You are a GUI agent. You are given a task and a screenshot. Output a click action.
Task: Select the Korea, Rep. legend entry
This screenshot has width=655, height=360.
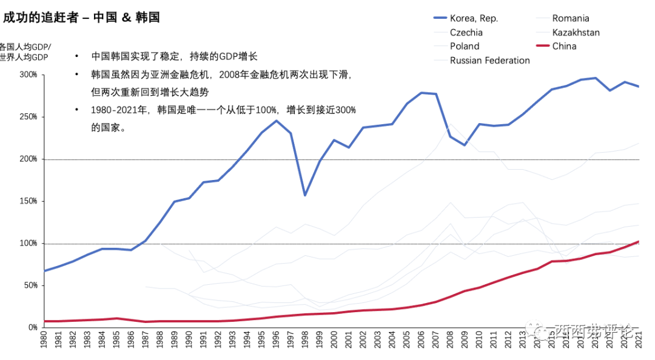[474, 18]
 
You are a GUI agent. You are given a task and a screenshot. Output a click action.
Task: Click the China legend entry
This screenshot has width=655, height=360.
[564, 46]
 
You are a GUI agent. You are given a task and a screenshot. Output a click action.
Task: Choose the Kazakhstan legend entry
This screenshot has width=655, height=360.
[576, 32]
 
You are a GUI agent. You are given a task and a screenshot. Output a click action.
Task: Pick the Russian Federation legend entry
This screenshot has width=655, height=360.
[489, 60]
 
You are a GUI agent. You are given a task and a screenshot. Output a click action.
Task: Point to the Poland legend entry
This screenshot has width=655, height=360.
[464, 46]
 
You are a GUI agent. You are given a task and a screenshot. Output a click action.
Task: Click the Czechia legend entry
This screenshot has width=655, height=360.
[466, 32]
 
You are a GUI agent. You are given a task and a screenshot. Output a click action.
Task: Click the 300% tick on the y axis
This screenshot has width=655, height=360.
[29, 75]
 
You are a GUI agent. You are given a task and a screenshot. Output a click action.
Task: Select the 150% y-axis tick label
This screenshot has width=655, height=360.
[29, 201]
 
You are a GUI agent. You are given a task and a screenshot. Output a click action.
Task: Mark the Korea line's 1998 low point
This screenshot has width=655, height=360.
[305, 195]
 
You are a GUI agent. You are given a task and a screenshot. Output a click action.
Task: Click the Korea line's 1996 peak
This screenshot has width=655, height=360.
[276, 121]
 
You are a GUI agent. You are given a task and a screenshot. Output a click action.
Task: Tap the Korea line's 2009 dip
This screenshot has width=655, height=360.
[465, 145]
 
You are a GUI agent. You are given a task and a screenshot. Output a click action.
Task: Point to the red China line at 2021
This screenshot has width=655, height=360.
[638, 241]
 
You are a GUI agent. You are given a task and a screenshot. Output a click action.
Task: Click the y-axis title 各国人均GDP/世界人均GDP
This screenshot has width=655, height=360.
[25, 52]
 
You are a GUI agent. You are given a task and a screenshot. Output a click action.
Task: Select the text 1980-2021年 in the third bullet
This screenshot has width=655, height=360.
[119, 110]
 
